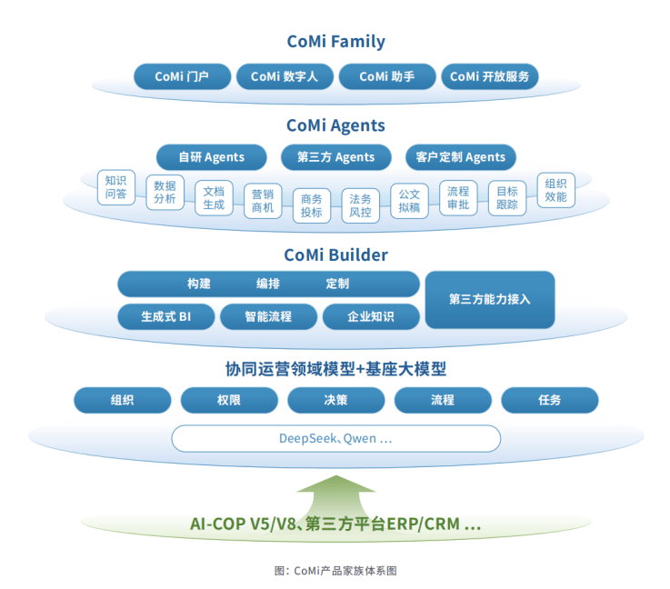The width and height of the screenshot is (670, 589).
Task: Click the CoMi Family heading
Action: (x=335, y=42)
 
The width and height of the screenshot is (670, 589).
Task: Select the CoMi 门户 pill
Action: (x=182, y=76)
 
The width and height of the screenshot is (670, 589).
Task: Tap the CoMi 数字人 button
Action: (x=285, y=76)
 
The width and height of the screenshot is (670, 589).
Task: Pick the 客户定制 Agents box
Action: (x=461, y=157)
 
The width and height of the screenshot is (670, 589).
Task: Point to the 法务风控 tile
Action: (x=360, y=205)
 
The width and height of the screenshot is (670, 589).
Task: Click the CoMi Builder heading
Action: (x=335, y=255)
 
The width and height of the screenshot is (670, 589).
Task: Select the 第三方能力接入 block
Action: (x=489, y=299)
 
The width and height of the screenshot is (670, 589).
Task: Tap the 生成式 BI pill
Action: (x=166, y=316)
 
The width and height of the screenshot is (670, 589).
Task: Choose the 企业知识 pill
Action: (x=371, y=316)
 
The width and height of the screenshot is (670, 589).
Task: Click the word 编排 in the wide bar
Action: (x=268, y=284)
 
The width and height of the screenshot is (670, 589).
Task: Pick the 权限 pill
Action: (x=229, y=400)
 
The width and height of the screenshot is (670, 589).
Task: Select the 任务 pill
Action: (x=549, y=400)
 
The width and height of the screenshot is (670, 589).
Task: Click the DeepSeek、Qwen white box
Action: (x=335, y=439)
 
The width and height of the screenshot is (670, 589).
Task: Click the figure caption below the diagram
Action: (x=335, y=571)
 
